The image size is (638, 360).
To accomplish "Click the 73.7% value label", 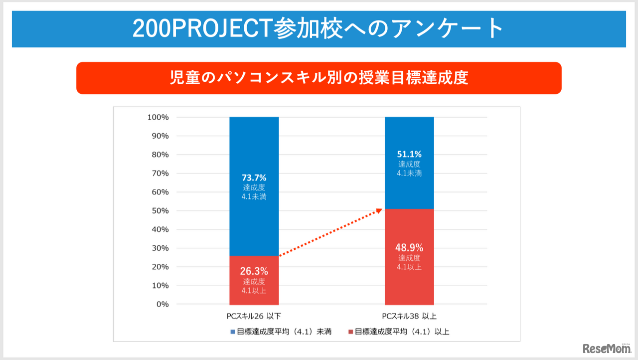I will pyautogui.click(x=254, y=178).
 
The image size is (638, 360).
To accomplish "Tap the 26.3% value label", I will pyautogui.click(x=254, y=271).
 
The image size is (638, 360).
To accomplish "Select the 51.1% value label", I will pyautogui.click(x=409, y=154).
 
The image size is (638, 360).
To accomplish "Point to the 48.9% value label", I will pyautogui.click(x=409, y=247).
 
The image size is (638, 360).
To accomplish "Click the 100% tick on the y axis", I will pyautogui.click(x=158, y=118).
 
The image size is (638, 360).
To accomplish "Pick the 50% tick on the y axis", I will pyautogui.click(x=160, y=211).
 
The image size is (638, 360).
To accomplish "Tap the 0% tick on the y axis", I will pyautogui.click(x=162, y=304).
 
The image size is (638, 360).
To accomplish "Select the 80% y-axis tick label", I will pyautogui.click(x=160, y=155).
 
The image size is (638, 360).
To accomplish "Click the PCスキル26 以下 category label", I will pyautogui.click(x=254, y=316).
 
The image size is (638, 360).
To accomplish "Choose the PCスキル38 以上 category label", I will pyautogui.click(x=409, y=316).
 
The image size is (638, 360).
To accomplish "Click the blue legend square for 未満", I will pyautogui.click(x=232, y=332).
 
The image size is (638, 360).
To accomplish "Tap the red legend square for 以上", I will pyautogui.click(x=350, y=332).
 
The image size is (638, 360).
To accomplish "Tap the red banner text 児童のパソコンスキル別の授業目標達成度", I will pyautogui.click(x=319, y=78).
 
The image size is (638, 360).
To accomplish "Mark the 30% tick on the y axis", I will pyautogui.click(x=160, y=248).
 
